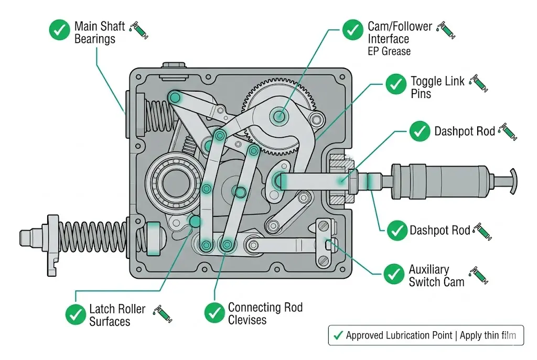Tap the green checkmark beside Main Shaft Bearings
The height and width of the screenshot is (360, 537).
point(59,30)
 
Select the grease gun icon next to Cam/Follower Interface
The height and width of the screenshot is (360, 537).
point(447,30)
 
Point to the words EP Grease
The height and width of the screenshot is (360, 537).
point(389,51)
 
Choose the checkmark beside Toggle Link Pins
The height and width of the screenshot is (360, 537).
point(395,84)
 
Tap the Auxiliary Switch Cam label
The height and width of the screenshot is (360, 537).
point(436,276)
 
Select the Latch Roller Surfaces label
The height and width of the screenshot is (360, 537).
point(116,315)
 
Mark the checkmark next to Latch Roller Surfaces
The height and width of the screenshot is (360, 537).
point(76,314)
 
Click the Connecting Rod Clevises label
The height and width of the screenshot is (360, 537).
point(265,313)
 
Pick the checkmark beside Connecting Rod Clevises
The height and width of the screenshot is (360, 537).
point(214,312)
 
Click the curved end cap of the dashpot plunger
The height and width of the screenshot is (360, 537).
point(513,181)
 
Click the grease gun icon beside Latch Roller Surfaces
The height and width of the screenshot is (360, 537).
point(162,314)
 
